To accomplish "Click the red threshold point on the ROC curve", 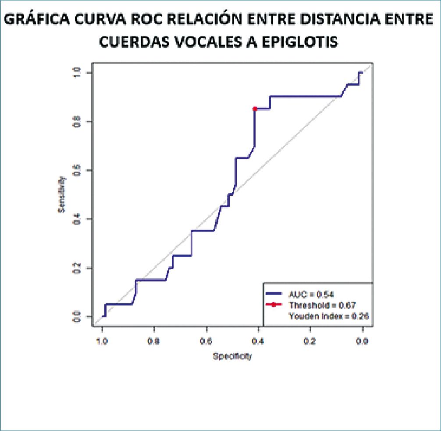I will click(255, 108).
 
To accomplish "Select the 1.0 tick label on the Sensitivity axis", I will click(77, 72).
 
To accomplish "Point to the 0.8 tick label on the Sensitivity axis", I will click(77, 121).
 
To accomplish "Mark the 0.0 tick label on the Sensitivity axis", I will click(77, 316).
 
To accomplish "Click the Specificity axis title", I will click(232, 356).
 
